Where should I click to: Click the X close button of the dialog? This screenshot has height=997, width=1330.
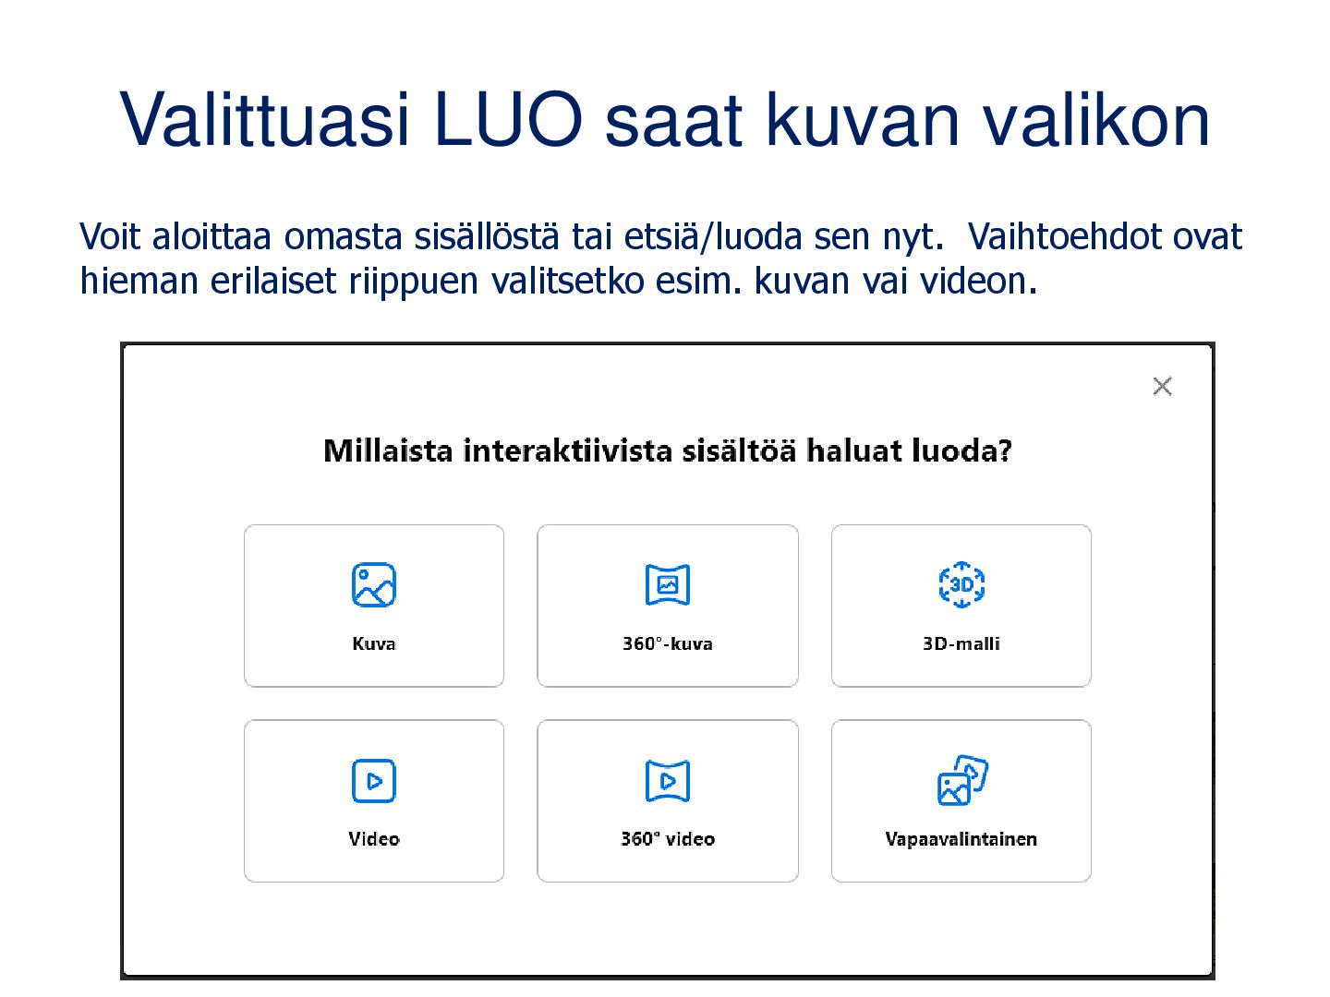pos(1162,386)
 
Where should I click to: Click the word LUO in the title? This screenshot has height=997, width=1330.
pos(508,119)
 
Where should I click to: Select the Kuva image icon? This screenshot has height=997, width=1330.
pos(374,584)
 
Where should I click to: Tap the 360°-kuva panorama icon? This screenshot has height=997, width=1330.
pos(667,584)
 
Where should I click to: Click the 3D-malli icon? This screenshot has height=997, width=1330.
pos(961,584)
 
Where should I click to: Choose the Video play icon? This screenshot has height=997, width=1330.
pos(374,780)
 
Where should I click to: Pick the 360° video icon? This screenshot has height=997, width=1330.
pos(667,780)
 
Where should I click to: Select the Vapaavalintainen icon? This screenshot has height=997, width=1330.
pos(962,780)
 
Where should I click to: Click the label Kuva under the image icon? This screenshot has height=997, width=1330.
pos(374,643)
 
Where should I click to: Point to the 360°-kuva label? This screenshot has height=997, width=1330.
pos(667,643)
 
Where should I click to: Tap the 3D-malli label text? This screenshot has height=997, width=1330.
pos(961,643)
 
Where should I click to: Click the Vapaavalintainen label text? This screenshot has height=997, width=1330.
pos(961,839)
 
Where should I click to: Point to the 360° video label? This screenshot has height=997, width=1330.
pos(668,838)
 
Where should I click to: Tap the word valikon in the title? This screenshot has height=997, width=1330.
pos(1095,119)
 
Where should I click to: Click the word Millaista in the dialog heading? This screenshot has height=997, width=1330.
pos(388,450)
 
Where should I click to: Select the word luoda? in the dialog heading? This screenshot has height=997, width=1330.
pos(961,450)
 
